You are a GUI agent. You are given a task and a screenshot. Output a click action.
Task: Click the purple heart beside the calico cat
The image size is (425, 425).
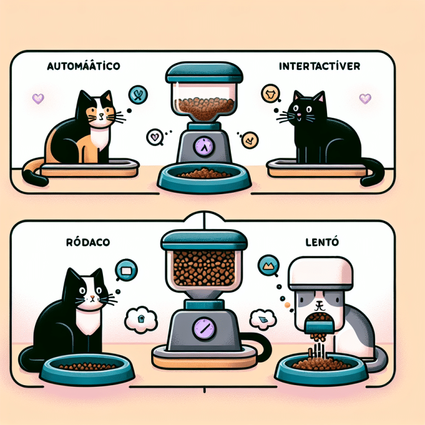(38, 99)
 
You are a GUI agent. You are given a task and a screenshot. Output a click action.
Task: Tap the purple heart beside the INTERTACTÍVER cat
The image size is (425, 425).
(365, 99)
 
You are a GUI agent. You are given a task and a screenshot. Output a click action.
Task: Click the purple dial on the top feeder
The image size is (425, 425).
(204, 147)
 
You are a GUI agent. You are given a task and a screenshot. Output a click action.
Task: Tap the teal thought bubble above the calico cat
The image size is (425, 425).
(136, 95)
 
